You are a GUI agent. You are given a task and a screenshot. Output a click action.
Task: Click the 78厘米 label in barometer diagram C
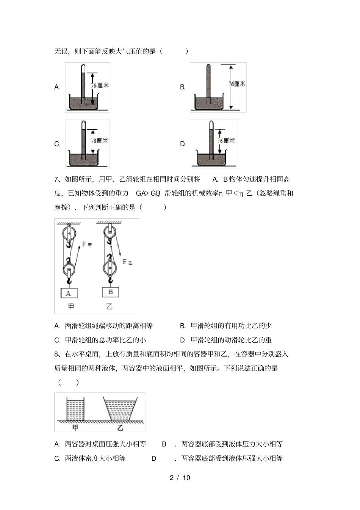99,141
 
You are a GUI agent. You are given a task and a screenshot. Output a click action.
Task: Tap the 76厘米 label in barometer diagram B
237,83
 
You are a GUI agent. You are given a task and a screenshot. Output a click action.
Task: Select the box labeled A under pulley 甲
69,293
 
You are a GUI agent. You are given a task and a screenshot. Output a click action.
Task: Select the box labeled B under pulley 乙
110,292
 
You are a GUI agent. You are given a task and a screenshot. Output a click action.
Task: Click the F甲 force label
87,244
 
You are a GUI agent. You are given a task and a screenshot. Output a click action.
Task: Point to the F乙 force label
127,262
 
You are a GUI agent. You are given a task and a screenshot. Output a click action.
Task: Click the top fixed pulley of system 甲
69,233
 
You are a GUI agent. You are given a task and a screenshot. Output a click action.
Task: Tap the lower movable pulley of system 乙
110,267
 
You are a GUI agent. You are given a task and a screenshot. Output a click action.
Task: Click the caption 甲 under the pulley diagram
71,307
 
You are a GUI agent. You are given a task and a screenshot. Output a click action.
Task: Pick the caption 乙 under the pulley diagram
109,307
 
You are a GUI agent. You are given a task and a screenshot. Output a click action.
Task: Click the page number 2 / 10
180,478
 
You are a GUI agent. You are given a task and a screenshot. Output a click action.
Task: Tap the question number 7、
59,179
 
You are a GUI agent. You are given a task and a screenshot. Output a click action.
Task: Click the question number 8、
59,354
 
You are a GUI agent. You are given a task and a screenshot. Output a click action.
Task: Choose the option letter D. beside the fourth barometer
183,144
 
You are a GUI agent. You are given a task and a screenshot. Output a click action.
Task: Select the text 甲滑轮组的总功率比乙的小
106,340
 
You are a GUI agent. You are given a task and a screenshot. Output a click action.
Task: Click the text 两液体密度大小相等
95,458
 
